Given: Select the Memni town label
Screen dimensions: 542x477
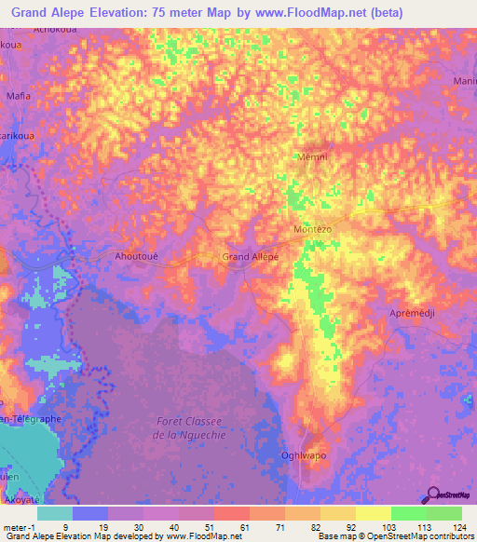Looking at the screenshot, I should (x=311, y=157).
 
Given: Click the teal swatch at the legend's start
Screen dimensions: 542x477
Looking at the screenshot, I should (x=55, y=512).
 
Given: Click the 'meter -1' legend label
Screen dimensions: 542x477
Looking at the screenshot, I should (x=20, y=526).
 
